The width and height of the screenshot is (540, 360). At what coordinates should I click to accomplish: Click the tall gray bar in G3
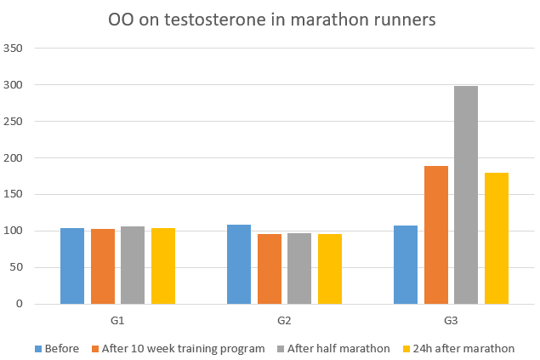[465, 195]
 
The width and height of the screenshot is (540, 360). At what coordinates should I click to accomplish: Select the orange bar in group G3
[435, 235]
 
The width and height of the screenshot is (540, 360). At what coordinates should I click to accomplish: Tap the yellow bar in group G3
[496, 238]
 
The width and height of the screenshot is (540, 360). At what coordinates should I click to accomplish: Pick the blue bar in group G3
[406, 265]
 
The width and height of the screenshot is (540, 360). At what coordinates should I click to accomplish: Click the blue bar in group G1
[72, 266]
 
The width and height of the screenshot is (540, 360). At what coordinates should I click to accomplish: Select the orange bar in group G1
[102, 266]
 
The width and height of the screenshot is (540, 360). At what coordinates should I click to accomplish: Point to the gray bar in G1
[133, 266]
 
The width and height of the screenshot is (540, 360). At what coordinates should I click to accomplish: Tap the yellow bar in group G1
[162, 266]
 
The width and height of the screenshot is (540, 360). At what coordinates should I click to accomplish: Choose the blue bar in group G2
[239, 265]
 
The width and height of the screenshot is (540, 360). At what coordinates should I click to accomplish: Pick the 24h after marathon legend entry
[463, 348]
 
